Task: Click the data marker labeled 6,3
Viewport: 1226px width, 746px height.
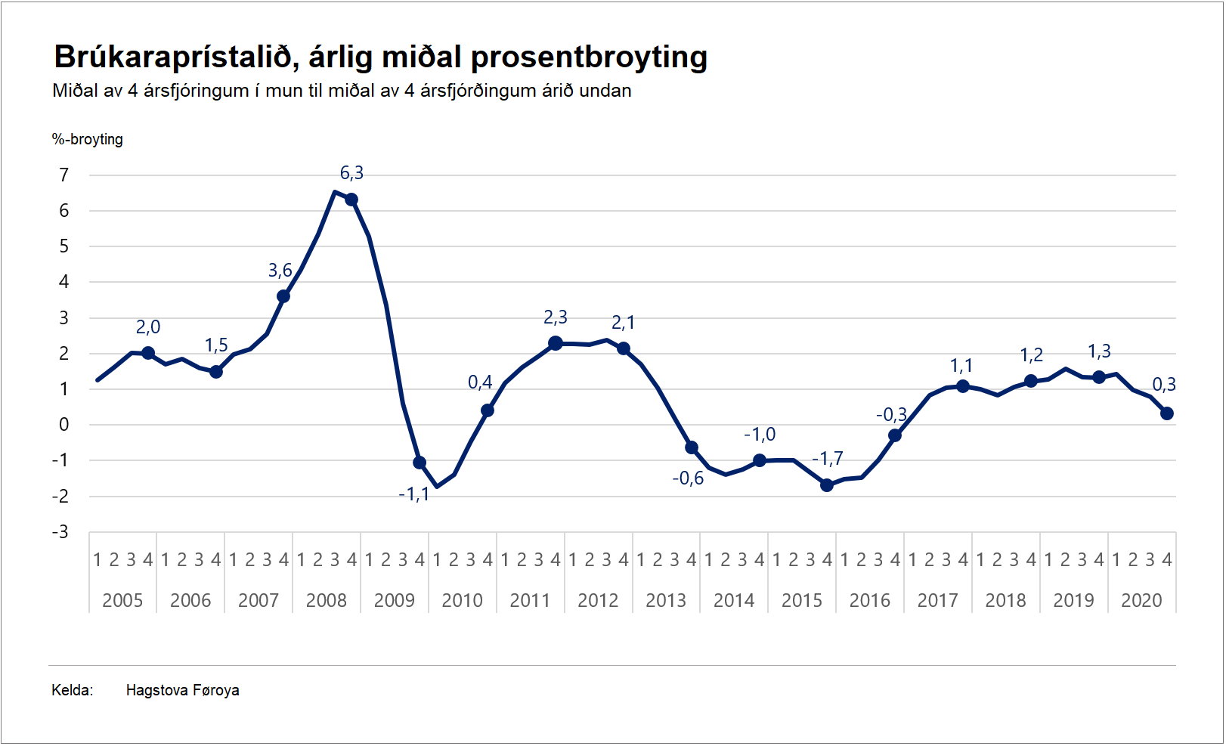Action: click(x=351, y=200)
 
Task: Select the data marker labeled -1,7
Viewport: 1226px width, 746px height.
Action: click(x=827, y=485)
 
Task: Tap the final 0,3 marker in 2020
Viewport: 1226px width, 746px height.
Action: click(x=1167, y=413)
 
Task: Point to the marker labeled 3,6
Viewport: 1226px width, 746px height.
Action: click(x=283, y=296)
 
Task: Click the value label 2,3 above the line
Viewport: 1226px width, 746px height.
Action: click(x=556, y=318)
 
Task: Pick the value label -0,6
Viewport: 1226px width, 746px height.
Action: click(x=688, y=478)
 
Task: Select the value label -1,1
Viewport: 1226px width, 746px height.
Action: click(x=413, y=495)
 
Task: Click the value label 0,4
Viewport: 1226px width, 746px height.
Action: click(x=480, y=382)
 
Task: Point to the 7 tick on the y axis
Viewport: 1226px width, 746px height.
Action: click(x=64, y=175)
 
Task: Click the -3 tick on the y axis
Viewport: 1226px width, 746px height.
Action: click(x=60, y=532)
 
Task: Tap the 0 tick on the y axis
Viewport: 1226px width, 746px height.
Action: click(x=64, y=425)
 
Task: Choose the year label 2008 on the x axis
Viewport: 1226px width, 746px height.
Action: click(x=327, y=601)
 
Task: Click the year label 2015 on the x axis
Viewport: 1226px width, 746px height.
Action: click(x=802, y=601)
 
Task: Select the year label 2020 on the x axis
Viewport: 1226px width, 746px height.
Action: click(x=1141, y=601)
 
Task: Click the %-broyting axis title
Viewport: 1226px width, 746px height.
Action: click(x=88, y=139)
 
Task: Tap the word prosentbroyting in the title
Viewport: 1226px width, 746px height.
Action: click(x=589, y=57)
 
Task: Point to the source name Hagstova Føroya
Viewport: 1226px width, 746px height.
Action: click(x=183, y=690)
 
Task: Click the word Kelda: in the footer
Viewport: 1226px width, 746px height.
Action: click(x=73, y=690)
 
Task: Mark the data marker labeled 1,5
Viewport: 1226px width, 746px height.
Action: click(x=216, y=372)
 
